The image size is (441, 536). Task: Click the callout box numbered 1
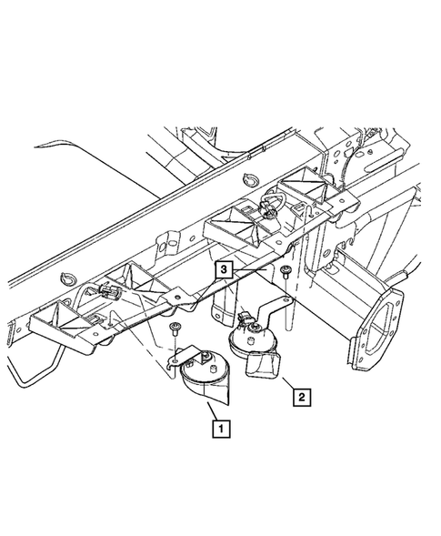click(221, 429)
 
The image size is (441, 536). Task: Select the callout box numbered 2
click(302, 397)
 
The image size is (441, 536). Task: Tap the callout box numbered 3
click(224, 269)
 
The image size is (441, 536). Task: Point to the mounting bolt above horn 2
click(285, 271)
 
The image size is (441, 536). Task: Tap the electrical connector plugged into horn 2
click(246, 318)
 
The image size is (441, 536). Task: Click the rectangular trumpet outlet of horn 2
click(263, 366)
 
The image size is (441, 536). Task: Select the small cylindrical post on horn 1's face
click(213, 369)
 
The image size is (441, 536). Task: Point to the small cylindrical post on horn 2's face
click(250, 341)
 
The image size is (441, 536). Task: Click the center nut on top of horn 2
click(256, 329)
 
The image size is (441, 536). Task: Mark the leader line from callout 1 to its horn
click(212, 411)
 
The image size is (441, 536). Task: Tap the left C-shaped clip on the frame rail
click(66, 278)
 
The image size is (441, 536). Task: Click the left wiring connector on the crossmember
click(108, 290)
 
